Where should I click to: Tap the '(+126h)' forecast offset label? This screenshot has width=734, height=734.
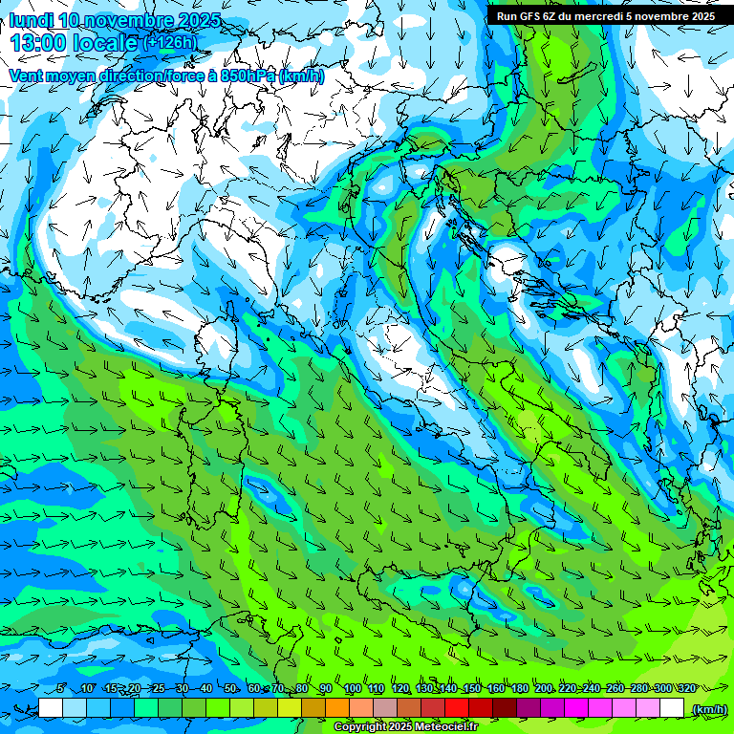click(x=170, y=42)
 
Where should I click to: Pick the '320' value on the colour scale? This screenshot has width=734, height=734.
click(x=686, y=688)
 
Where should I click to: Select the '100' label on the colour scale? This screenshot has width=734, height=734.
click(x=352, y=688)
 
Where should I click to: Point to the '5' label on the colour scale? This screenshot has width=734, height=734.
click(x=60, y=688)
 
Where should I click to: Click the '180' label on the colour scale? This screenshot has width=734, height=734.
click(x=520, y=688)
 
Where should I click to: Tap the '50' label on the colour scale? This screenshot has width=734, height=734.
click(x=230, y=688)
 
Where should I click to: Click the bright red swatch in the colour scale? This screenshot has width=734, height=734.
click(x=457, y=708)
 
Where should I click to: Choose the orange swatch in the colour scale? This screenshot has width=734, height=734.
click(x=337, y=708)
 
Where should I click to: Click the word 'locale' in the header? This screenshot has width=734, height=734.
click(x=101, y=42)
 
